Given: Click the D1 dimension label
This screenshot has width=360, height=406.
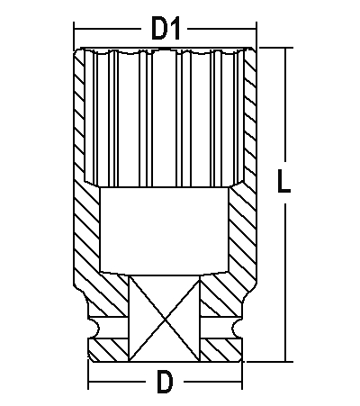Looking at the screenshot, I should coord(165,29).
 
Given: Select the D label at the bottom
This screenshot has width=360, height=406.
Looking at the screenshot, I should coord(164,382).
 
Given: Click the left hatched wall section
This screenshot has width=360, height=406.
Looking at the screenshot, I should coord(87,234).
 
